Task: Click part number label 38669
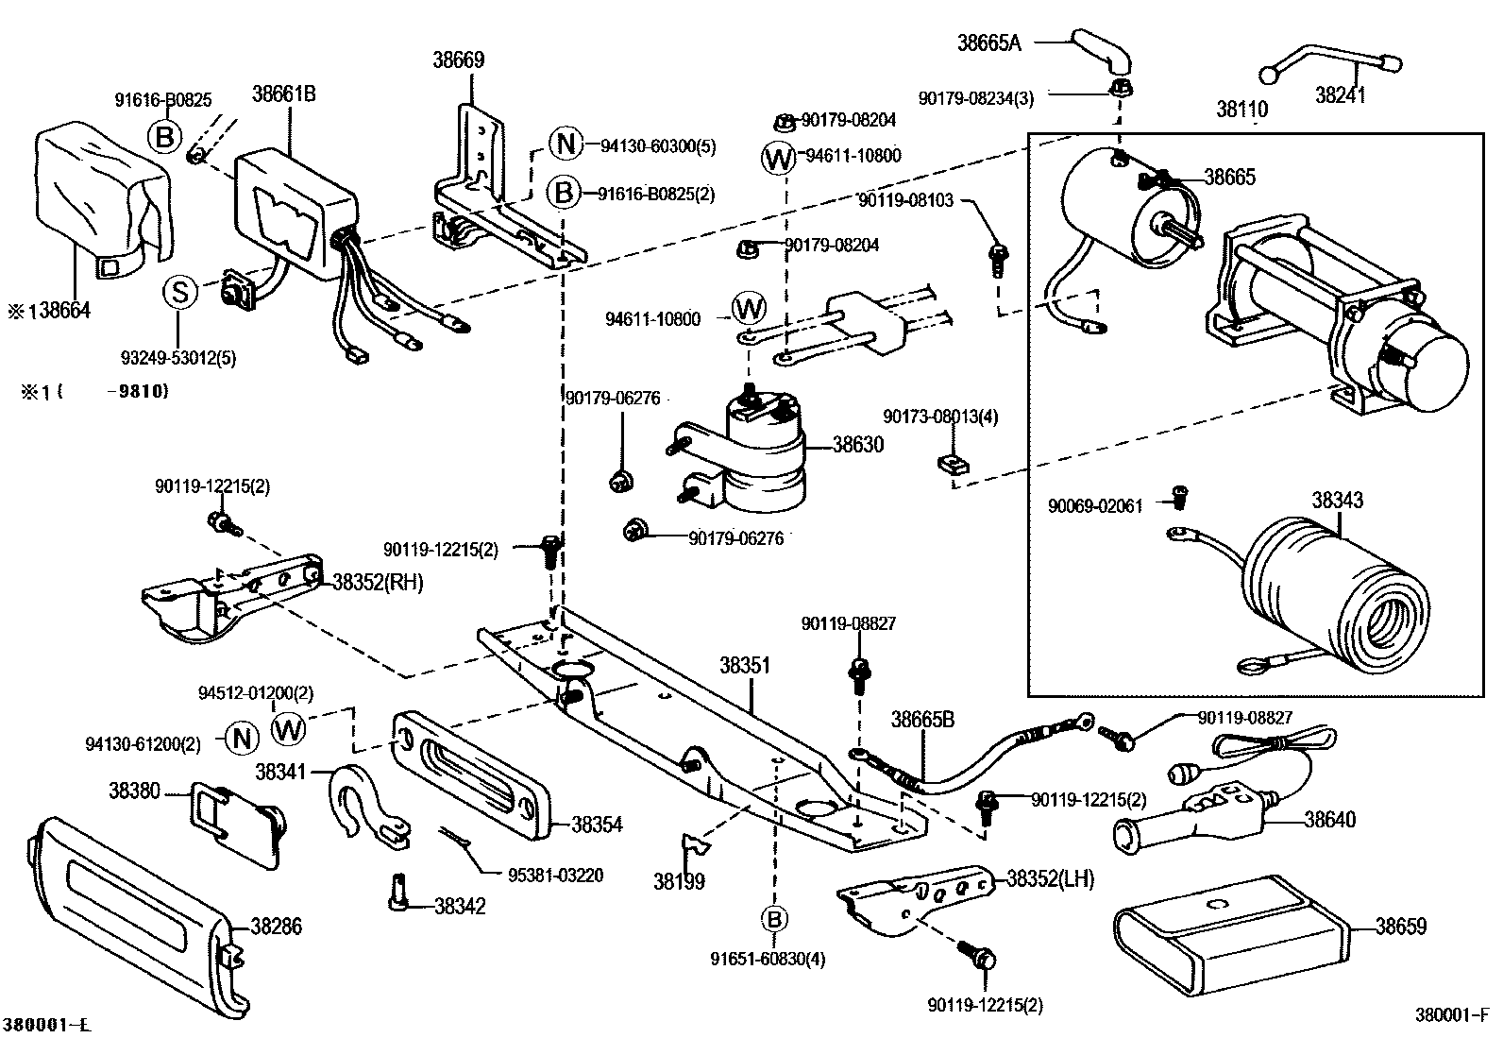coord(458,60)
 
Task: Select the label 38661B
coord(284,94)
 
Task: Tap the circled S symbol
coord(179,293)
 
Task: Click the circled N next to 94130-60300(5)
coord(566,144)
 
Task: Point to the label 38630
coord(858,445)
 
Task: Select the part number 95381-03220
coord(555,876)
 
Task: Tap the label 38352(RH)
coord(379,582)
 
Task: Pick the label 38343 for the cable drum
coord(1338,501)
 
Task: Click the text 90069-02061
coord(1095,506)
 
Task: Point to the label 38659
coord(1402,927)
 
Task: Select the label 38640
coord(1330,819)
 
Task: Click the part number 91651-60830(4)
coord(768,960)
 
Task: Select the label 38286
coord(277,927)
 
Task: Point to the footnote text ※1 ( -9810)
coord(95,391)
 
